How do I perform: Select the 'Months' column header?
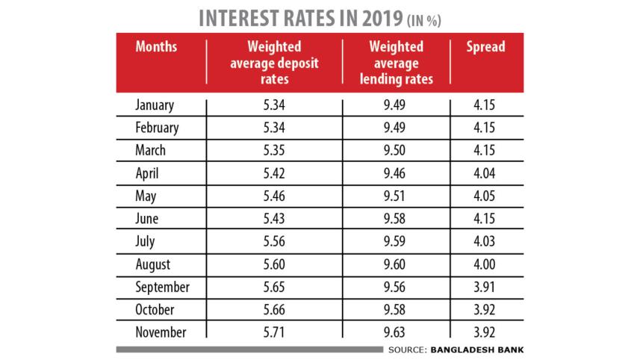pos(156,47)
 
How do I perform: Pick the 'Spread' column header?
pos(485,47)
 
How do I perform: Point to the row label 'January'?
pos(155,105)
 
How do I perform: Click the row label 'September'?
pos(163,287)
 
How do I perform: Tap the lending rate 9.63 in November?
pos(396,332)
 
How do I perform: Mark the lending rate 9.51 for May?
pos(396,196)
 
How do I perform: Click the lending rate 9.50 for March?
pos(396,150)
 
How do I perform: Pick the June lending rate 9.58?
pos(396,219)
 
